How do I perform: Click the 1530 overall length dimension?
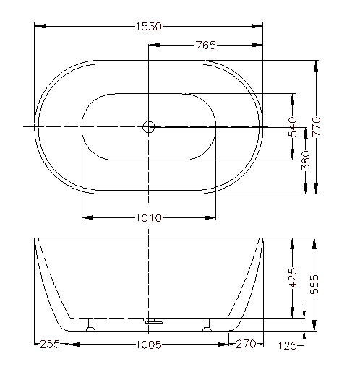point(149,26)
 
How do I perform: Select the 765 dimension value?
point(206,45)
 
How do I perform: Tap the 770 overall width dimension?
point(316,126)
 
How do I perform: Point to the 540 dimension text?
point(293,126)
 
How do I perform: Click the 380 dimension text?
point(306,160)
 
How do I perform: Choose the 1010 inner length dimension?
point(149,218)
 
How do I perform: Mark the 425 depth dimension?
point(293,277)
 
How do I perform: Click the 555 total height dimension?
point(314,285)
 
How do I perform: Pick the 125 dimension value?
point(288,346)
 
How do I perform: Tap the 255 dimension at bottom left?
point(50,344)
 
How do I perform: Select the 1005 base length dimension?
point(149,345)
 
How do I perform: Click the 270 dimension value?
point(246,344)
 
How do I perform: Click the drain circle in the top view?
point(148,126)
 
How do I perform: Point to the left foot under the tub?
point(90,324)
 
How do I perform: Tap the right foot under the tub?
point(207,324)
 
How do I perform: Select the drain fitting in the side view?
point(153,321)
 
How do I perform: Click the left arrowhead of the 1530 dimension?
point(40,26)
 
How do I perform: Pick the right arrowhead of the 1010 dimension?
point(210,217)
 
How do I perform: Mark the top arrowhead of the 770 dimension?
point(316,66)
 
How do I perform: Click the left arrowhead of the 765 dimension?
point(154,45)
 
